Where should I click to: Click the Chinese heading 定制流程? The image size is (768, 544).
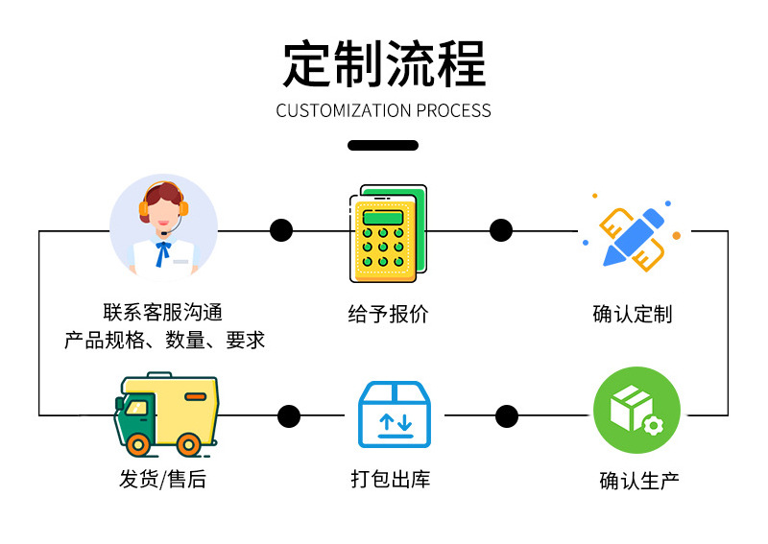(x=384, y=64)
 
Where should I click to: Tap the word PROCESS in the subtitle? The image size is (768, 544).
(x=453, y=110)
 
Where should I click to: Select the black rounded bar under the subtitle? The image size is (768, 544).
(x=383, y=145)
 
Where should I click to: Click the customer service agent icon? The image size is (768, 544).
(x=163, y=227)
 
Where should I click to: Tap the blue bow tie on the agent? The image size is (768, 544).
(x=162, y=253)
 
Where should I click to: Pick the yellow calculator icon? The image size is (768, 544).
(x=388, y=233)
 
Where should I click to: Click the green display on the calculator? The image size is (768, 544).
(x=383, y=217)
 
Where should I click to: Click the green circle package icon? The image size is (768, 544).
(x=636, y=410)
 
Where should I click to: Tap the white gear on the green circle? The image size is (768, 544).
(x=653, y=425)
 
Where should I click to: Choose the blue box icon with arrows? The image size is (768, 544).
(x=395, y=414)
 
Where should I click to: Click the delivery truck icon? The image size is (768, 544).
(x=166, y=414)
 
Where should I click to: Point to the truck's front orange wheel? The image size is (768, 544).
(x=138, y=445)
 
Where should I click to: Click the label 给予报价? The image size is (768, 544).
(x=388, y=314)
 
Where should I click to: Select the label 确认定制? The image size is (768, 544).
(x=633, y=314)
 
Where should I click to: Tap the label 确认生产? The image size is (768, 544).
(x=639, y=481)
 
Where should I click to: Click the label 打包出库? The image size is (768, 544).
(x=391, y=479)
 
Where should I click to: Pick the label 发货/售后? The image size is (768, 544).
(x=162, y=479)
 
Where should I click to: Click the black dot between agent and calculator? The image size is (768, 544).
(x=281, y=230)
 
